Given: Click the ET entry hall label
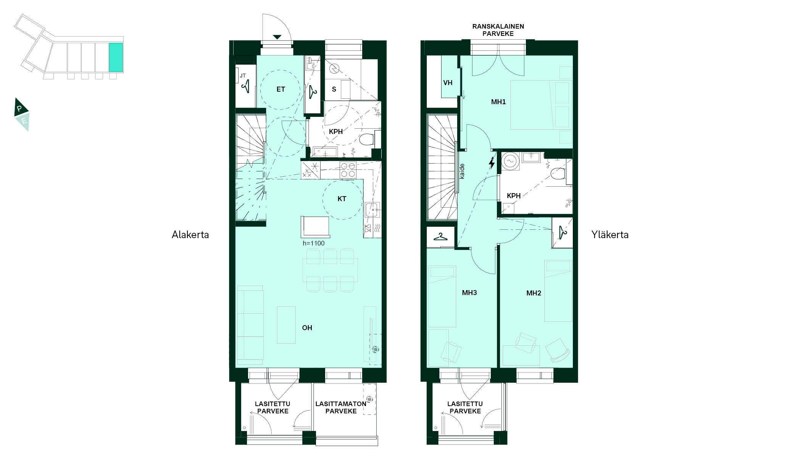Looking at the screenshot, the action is [x=280, y=89].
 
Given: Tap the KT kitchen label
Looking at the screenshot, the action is [x=342, y=199].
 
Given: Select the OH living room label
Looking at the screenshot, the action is [x=307, y=327].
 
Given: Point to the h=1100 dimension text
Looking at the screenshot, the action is [x=314, y=243].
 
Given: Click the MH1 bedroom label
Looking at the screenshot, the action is [x=498, y=102].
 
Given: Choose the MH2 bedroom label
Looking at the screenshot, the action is [x=534, y=293].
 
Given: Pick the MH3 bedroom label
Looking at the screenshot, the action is [x=469, y=293].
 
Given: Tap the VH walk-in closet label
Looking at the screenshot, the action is [x=448, y=82].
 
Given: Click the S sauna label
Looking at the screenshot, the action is [x=334, y=89].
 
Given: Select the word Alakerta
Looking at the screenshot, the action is [x=190, y=234].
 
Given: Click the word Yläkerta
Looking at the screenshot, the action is [x=610, y=234].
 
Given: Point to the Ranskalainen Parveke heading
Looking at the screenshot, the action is [x=498, y=30].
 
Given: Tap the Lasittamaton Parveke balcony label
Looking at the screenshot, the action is [x=341, y=407].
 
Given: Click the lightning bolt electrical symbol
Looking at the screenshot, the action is [x=492, y=163].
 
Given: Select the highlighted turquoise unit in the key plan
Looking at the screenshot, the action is [x=116, y=58].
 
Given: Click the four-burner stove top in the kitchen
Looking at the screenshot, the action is [x=348, y=170].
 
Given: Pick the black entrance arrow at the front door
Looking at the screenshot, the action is [x=277, y=37].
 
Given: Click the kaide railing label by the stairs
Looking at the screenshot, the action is [x=462, y=171].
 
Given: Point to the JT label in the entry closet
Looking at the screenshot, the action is [x=243, y=76].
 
